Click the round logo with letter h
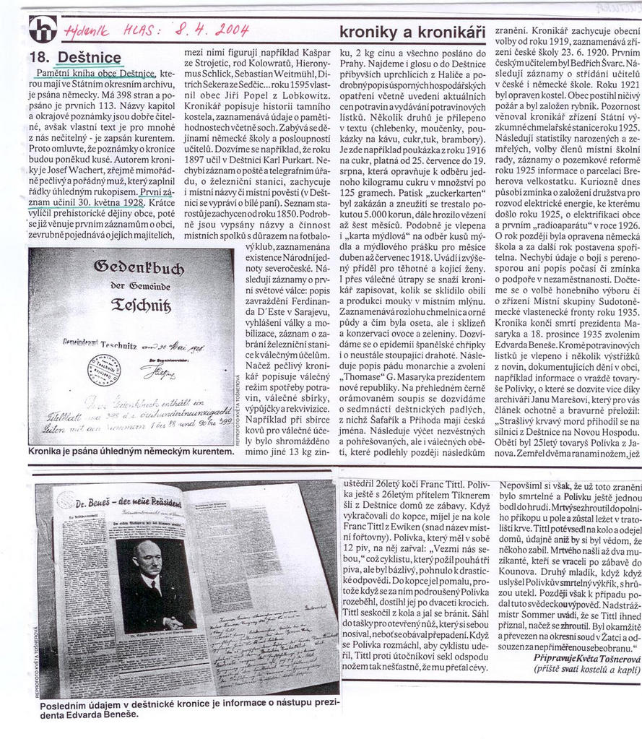pyautogui.click(x=42, y=30)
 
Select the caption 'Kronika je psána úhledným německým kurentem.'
pyautogui.click(x=131, y=451)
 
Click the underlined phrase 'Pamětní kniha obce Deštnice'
pyautogui.click(x=95, y=74)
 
